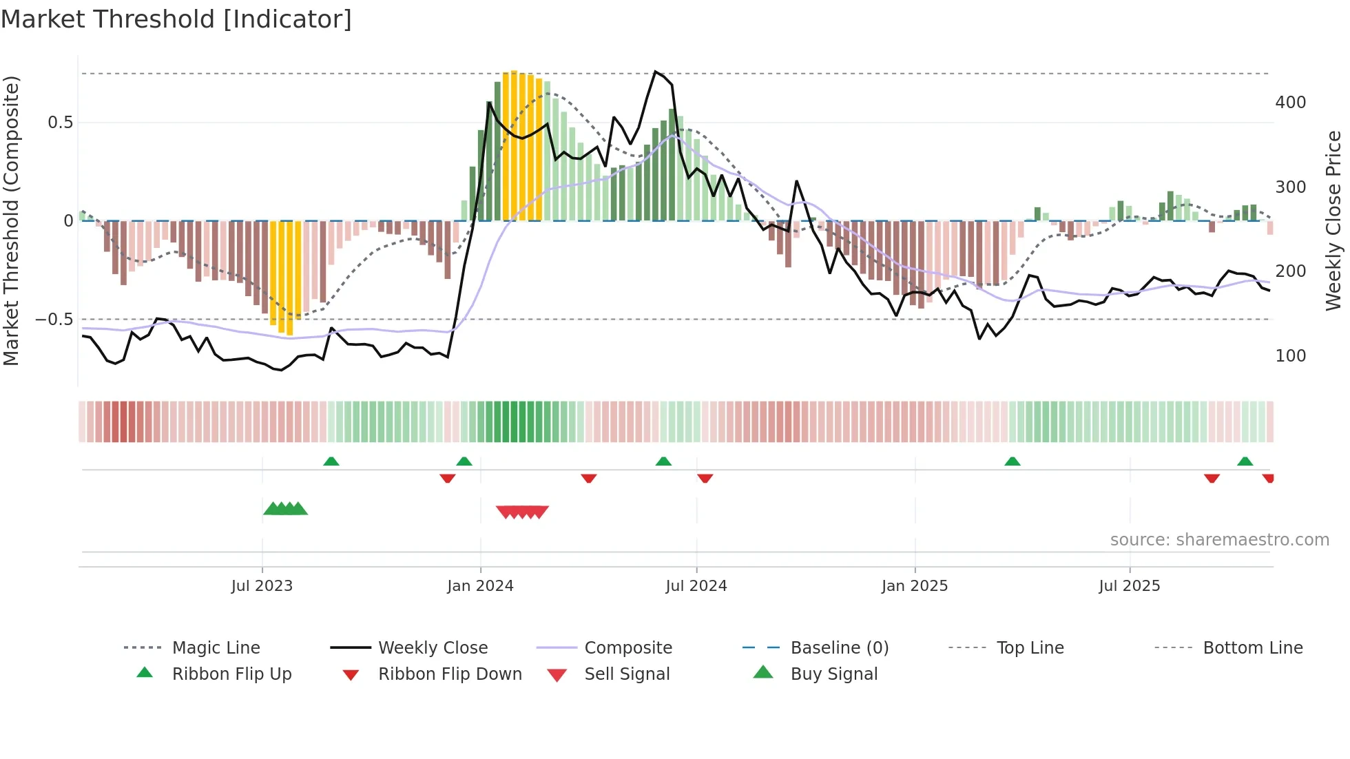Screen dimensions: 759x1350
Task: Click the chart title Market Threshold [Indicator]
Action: click(x=176, y=19)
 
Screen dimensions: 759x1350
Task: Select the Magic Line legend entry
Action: click(x=216, y=648)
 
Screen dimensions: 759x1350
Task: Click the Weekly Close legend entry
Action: click(x=433, y=648)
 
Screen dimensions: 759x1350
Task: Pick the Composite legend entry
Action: click(x=627, y=648)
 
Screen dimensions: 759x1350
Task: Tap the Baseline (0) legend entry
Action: click(x=839, y=648)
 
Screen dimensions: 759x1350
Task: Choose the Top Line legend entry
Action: click(x=1030, y=648)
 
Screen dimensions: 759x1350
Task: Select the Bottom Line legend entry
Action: click(x=1252, y=648)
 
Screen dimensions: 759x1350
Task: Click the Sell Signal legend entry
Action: click(x=626, y=674)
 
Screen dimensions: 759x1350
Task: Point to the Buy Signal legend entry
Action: click(x=833, y=674)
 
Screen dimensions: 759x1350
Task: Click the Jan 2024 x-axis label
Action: click(x=480, y=586)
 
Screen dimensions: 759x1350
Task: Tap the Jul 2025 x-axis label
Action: click(x=1129, y=586)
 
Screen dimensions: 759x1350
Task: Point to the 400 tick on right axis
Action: click(x=1290, y=103)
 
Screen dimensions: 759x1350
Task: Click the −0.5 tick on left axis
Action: click(x=54, y=320)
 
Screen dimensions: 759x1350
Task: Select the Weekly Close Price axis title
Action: click(x=1333, y=220)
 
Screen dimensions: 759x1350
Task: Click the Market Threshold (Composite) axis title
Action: click(x=11, y=220)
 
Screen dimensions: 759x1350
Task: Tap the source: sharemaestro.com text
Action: click(x=1219, y=540)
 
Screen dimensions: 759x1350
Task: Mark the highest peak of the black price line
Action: click(x=655, y=72)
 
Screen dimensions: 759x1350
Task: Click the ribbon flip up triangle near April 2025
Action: click(x=1012, y=461)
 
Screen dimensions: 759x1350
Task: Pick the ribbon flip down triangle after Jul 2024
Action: click(x=705, y=478)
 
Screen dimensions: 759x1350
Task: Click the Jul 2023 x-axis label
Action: click(x=262, y=586)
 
